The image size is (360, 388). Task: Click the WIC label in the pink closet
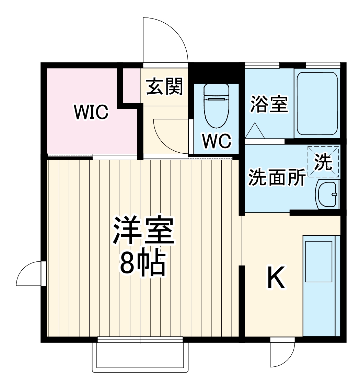tap(91, 112)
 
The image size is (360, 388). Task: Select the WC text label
tap(217, 141)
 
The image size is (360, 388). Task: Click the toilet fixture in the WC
tap(217, 106)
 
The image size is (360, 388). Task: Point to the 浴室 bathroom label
tap(269, 104)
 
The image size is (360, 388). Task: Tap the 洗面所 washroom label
tap(277, 177)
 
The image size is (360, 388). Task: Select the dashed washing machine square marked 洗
tap(323, 162)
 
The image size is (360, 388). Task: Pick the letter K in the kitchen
tap(276, 278)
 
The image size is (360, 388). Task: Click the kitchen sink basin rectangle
tap(319, 261)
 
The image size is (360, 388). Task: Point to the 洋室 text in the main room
tap(143, 230)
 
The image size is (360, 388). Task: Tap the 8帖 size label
tap(142, 264)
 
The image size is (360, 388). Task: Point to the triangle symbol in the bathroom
tap(255, 131)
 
